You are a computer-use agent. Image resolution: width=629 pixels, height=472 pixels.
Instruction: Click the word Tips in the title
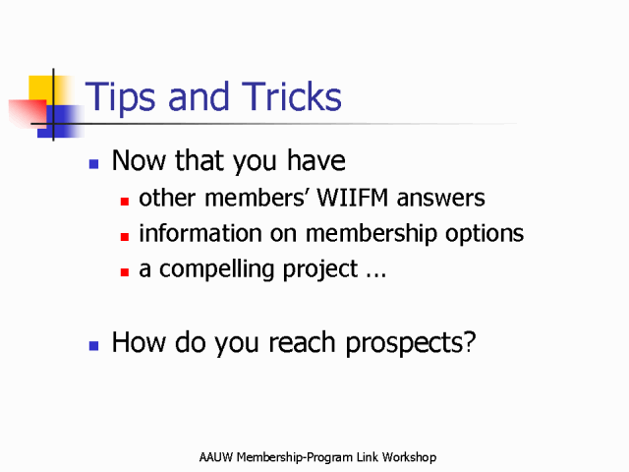tap(120, 97)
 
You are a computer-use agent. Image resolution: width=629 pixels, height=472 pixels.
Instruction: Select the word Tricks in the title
tap(292, 95)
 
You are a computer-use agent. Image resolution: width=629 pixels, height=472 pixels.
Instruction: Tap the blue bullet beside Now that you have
tap(94, 164)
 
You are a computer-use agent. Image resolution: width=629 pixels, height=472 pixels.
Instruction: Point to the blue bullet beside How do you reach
tap(94, 345)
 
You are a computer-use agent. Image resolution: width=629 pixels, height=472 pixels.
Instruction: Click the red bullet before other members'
tap(125, 201)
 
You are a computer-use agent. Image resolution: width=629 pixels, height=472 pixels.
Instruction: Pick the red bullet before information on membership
tap(125, 237)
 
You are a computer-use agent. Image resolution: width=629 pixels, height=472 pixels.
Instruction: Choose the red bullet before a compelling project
tap(125, 272)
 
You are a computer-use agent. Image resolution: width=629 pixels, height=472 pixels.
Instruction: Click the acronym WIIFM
tap(353, 198)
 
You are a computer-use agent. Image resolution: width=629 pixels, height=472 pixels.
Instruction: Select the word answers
tap(441, 199)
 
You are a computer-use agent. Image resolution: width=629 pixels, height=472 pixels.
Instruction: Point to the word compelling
tap(216, 269)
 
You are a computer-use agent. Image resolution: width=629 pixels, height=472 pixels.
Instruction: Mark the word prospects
tap(406, 343)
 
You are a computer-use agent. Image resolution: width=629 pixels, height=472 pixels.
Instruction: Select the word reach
tap(302, 342)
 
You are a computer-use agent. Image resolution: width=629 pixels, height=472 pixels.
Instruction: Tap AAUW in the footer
tap(216, 457)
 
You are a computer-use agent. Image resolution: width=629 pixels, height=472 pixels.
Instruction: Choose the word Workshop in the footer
tap(409, 457)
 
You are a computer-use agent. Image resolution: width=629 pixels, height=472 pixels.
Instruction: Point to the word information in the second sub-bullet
tap(200, 233)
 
